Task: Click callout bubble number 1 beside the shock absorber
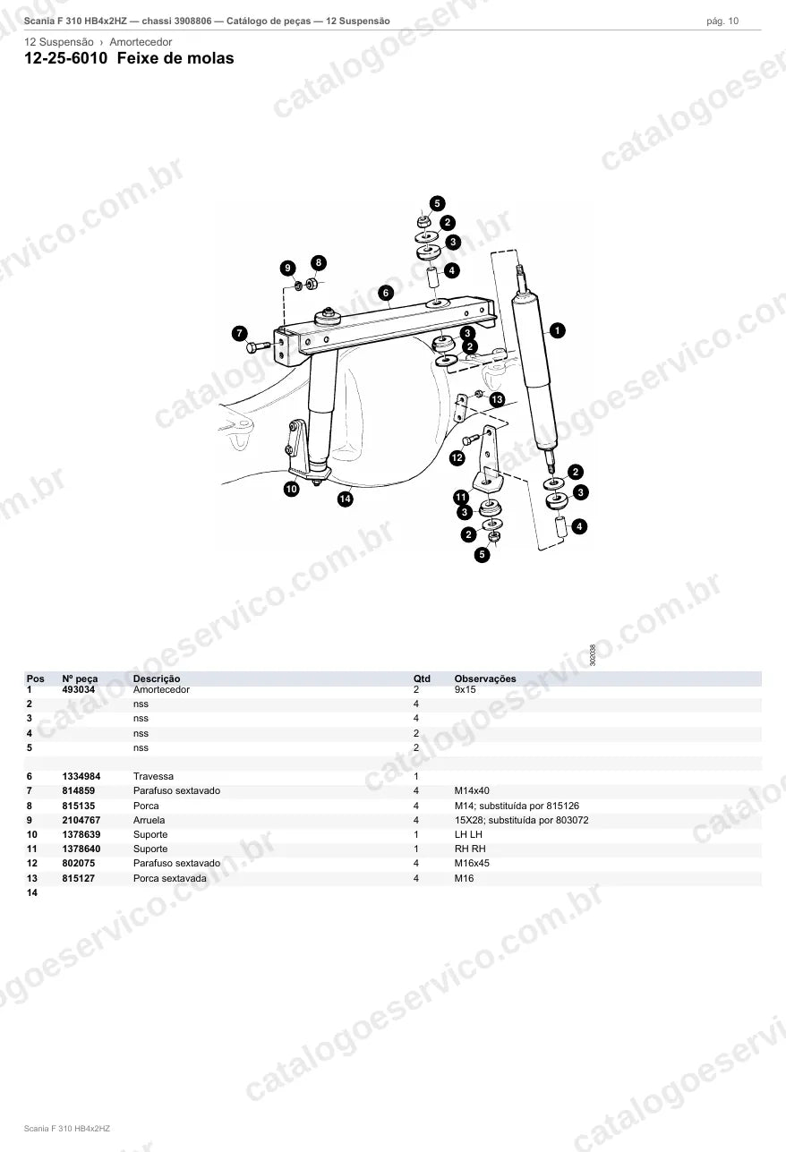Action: coord(557,330)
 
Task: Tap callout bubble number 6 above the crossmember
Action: coord(386,293)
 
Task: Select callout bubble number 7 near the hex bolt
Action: coord(239,333)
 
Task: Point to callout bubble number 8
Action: coord(319,263)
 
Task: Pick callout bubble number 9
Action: coord(287,268)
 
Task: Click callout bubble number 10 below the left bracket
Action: coord(291,489)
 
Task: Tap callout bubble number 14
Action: coord(346,499)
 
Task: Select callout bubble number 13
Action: coord(496,399)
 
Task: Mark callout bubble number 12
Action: coord(457,457)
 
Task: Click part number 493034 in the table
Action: coord(78,689)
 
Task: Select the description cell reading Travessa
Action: coord(153,776)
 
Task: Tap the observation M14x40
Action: coord(472,790)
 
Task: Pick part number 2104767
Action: coord(81,820)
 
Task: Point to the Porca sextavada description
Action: coord(170,878)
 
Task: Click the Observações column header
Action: coord(485,678)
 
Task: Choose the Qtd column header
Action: coord(422,678)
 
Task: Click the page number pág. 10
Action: coord(722,21)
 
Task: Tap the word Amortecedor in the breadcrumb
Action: coord(141,42)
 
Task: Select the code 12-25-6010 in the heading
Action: coord(66,58)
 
